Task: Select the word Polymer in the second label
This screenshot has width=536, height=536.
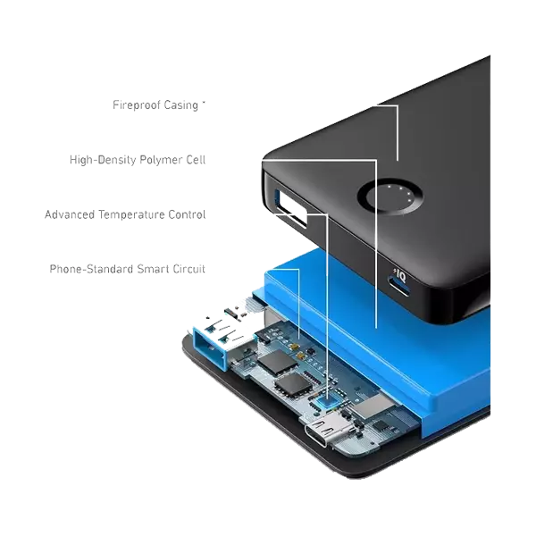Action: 160,160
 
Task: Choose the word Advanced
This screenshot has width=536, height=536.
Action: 70,214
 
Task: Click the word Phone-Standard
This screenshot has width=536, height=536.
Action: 91,269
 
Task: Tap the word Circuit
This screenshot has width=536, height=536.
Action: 189,269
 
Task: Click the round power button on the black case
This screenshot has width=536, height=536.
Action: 389,197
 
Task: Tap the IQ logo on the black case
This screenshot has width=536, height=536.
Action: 399,275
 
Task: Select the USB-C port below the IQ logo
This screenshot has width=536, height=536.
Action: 398,289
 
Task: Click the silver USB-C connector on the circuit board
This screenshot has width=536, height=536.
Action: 322,431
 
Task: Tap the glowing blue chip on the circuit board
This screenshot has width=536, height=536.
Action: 326,402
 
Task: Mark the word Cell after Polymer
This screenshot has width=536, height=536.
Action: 196,160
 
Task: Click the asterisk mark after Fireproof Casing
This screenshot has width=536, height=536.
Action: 204,102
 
